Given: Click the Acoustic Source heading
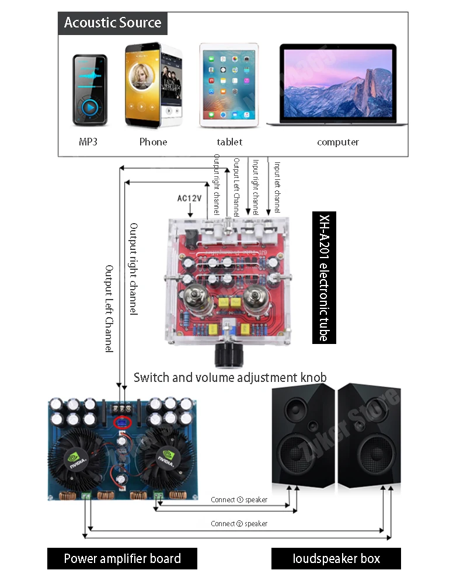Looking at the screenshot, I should (113, 23).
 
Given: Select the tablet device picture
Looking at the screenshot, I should (229, 85).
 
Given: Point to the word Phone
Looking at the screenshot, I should (153, 142).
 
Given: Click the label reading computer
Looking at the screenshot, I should (338, 142).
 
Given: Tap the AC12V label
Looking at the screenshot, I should (189, 199).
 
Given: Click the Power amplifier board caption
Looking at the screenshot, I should (122, 558).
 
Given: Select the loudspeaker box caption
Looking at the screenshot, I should (336, 558).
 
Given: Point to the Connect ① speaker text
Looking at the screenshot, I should (239, 500).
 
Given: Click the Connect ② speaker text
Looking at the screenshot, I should (239, 524).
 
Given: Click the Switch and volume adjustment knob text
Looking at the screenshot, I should (230, 377).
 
